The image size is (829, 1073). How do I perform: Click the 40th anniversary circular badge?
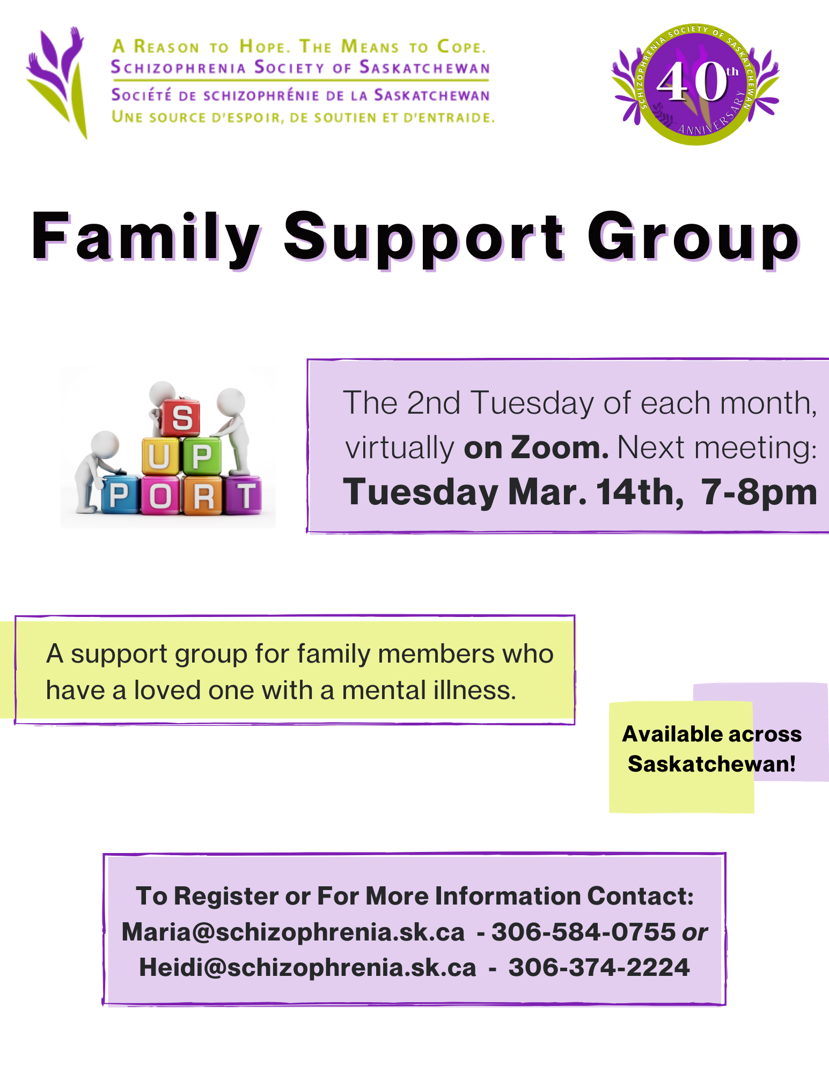695,84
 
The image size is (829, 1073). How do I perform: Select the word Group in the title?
694,238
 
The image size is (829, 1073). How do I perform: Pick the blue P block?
120,495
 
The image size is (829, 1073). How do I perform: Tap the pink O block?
160,496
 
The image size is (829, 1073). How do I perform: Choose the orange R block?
202,496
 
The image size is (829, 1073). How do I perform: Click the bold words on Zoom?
536,447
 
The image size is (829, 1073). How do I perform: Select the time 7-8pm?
759,492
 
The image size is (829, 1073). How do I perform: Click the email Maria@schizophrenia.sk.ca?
293,932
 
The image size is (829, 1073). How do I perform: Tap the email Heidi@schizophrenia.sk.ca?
307,967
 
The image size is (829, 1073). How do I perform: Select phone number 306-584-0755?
583,932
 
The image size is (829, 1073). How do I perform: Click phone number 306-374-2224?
599,967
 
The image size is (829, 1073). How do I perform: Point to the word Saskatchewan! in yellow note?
711,763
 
